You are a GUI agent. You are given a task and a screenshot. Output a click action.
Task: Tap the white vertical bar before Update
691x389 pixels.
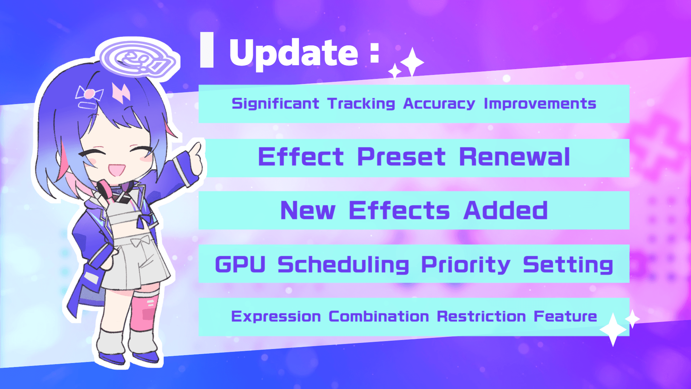207,50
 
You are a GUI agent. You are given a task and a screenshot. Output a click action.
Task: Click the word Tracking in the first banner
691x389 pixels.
361,104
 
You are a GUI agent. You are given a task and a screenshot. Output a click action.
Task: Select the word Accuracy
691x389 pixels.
439,104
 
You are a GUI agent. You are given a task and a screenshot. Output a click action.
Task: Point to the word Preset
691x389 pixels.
401,157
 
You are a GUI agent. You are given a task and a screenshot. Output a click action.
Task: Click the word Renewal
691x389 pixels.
515,157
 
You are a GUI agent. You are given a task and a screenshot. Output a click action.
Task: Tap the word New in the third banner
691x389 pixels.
308,210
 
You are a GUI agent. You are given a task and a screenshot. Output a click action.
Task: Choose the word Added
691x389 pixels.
505,210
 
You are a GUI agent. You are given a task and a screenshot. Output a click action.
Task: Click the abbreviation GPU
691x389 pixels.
240,265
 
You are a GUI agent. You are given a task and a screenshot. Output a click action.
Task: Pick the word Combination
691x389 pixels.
379,317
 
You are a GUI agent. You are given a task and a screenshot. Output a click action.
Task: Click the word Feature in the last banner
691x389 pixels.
565,317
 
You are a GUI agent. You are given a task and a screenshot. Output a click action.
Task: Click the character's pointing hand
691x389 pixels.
195,158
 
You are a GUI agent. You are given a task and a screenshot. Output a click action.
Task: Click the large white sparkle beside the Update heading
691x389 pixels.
412,62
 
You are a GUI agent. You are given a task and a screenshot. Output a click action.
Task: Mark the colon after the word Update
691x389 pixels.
375,53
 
